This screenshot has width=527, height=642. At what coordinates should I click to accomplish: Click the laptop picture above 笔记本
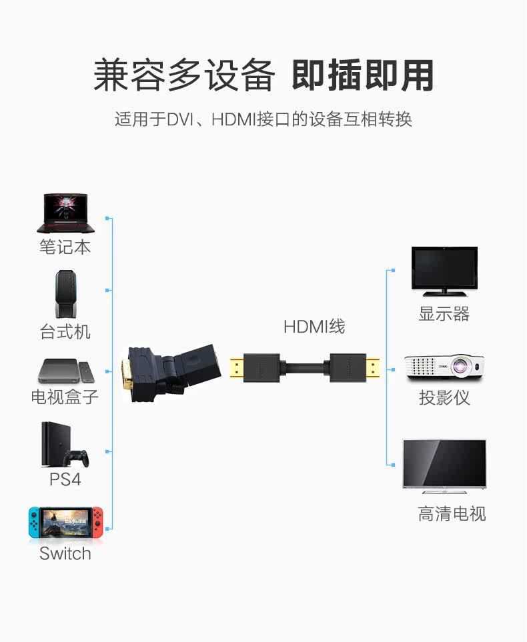point(65,213)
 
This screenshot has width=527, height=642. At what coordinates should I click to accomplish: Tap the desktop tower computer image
point(65,293)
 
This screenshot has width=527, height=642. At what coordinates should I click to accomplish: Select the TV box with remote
point(66,371)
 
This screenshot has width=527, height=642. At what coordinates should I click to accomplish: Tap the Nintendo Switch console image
point(65,522)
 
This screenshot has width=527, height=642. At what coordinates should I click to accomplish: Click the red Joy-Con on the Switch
point(97,522)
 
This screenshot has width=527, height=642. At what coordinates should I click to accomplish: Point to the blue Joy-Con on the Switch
point(34,522)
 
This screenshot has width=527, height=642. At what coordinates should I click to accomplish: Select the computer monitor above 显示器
point(444,271)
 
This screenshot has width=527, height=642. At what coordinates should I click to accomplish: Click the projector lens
point(459,365)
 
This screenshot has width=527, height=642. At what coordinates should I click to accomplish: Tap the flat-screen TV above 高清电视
point(444,467)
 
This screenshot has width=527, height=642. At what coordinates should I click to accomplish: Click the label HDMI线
point(314,327)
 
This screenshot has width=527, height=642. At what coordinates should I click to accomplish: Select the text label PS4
point(65,479)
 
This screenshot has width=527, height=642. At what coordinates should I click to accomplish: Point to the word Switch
point(65,553)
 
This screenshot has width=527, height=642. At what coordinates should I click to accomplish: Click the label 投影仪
point(444,397)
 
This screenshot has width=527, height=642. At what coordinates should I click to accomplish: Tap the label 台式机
point(65,331)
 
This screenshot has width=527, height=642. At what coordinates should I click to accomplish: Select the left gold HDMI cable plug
point(237,368)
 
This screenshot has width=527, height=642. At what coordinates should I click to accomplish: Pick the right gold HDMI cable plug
point(373,368)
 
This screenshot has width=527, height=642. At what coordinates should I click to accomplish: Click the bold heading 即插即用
point(363,75)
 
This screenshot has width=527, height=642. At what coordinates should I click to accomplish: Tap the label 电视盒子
point(65,397)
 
